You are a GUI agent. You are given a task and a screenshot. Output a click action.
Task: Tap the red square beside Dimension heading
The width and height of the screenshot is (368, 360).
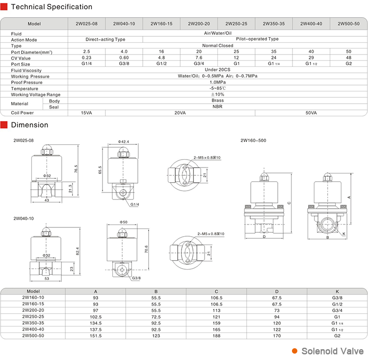click(x=4, y=125)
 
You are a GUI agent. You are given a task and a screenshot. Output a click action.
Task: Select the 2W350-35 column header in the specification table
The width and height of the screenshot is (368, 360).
click(x=274, y=24)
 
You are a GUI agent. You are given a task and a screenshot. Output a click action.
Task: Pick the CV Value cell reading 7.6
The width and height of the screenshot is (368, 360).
click(x=199, y=57)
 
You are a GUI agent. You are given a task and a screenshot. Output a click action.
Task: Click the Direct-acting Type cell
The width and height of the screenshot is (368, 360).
click(x=105, y=39)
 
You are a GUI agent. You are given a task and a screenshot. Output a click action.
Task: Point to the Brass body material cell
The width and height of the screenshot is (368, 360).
click(x=217, y=100)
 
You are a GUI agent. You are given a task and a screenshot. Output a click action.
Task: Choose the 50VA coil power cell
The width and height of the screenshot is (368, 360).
click(x=311, y=112)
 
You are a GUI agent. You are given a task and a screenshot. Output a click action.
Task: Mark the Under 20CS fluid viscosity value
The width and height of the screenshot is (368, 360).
click(x=217, y=70)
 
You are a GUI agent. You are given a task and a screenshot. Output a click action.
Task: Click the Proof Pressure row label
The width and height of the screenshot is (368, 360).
click(x=27, y=83)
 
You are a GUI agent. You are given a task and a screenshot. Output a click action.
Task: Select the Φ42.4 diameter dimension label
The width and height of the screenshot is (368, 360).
click(x=124, y=141)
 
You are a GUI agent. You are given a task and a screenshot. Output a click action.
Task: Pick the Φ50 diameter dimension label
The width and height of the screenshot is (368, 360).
click(x=124, y=222)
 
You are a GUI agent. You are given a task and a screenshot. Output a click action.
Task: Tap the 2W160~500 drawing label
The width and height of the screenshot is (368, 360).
click(x=253, y=140)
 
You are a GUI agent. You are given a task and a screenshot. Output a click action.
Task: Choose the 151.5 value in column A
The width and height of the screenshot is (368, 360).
click(x=96, y=335)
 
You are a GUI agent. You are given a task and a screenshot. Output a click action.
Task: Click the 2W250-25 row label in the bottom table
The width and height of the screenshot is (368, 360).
click(x=33, y=317)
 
